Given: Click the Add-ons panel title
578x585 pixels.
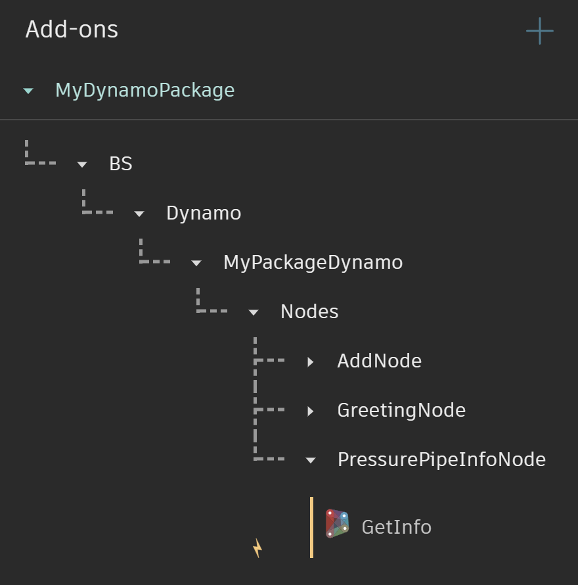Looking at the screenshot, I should [x=72, y=30].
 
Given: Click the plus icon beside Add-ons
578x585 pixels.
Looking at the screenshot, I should [x=539, y=31].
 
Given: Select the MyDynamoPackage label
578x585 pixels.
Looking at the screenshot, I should [x=144, y=90].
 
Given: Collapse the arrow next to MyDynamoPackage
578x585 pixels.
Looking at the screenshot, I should [x=28, y=91].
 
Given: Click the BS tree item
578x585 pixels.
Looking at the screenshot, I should [x=121, y=164].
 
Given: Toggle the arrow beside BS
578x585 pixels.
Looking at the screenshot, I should [x=82, y=164].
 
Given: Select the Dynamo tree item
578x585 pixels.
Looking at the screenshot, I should [x=204, y=213].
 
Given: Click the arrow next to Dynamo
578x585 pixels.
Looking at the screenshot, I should [x=139, y=214].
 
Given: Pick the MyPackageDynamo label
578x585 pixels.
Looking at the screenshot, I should [x=313, y=262].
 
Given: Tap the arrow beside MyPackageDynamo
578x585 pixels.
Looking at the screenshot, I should [x=196, y=263].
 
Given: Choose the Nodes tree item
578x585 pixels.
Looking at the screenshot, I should [x=309, y=312].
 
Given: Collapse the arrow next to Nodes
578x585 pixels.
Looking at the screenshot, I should [x=254, y=312].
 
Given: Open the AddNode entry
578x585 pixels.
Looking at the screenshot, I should [x=379, y=361].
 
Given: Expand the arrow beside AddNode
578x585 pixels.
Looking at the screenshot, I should [x=311, y=362].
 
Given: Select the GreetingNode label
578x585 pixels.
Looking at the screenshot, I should [x=401, y=410].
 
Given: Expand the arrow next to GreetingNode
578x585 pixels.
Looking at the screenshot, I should [x=311, y=411].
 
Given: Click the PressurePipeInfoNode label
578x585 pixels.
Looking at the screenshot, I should [x=441, y=459].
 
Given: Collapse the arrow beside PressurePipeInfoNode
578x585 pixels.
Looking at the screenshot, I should [x=311, y=460].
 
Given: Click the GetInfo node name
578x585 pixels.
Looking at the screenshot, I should [x=396, y=527].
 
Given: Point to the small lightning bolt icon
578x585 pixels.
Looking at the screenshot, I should [x=257, y=548].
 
